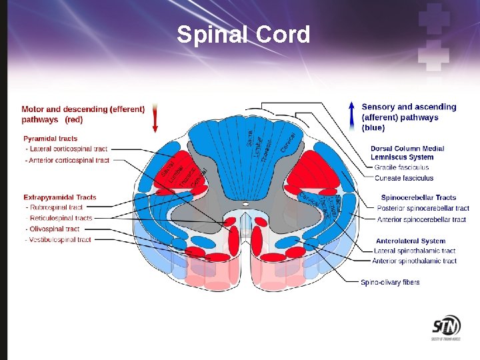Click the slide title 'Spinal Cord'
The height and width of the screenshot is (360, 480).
tap(243, 34)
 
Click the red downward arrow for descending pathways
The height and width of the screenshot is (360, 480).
tap(155, 118)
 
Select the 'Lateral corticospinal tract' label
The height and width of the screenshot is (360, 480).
tap(67, 149)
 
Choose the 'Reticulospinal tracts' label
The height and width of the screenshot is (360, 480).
tap(60, 218)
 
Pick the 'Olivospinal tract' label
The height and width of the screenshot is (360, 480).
tap(54, 229)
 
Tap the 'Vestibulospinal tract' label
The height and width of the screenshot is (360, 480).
tap(59, 239)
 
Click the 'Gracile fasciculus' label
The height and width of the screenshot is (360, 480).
tap(401, 167)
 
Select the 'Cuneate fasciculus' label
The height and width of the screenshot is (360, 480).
tap(404, 178)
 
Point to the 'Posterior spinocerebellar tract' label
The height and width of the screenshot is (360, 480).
tap(423, 208)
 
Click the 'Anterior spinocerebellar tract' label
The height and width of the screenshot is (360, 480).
tap(421, 219)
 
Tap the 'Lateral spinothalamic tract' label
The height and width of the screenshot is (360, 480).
tap(415, 251)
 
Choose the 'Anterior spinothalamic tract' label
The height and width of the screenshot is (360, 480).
tap(415, 261)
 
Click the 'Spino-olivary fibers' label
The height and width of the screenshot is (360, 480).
tap(391, 282)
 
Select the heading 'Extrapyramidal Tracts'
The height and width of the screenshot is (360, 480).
tap(60, 197)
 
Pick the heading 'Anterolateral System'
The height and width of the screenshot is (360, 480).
tap(411, 241)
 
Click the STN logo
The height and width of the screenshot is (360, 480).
tap(446, 328)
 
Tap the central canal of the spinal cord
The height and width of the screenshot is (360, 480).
tap(245, 203)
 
